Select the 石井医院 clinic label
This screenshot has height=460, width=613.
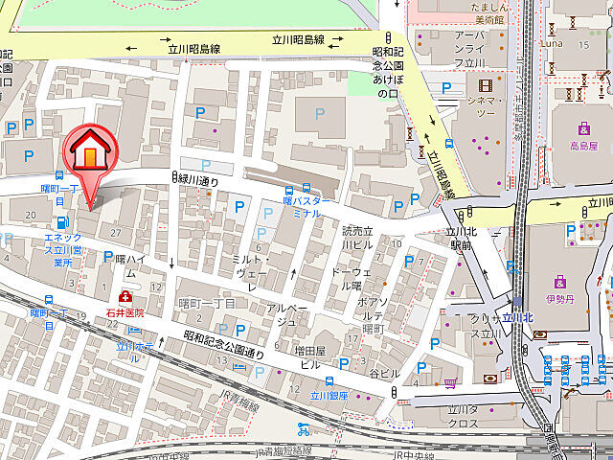point(125,312)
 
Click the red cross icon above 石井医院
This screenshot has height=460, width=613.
point(125,297)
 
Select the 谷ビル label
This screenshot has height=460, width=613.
point(384,373)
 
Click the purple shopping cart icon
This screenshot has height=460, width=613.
point(450,384)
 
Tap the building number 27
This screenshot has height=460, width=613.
point(116,233)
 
